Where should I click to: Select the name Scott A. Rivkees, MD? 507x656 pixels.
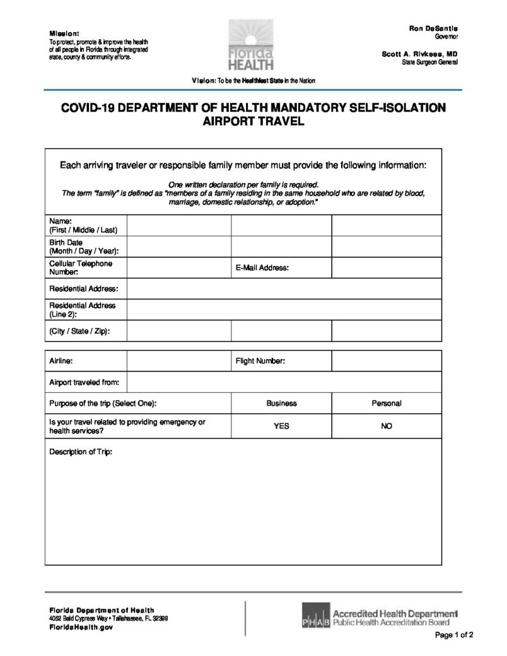(x=419, y=54)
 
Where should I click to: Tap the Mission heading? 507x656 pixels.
(x=64, y=33)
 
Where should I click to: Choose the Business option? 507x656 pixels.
(x=281, y=404)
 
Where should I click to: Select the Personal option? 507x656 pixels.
(x=386, y=404)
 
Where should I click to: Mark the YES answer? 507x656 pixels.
(x=281, y=426)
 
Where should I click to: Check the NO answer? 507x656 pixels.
(x=386, y=426)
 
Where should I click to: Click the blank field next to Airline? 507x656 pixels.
(x=179, y=361)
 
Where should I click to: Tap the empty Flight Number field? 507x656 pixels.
(x=386, y=361)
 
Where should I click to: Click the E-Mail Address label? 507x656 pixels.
(x=262, y=268)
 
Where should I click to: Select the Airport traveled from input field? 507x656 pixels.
(x=284, y=382)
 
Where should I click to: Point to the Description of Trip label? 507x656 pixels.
(x=81, y=452)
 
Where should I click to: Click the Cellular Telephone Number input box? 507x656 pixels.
(x=179, y=268)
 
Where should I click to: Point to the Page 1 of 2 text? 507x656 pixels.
(x=454, y=636)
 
